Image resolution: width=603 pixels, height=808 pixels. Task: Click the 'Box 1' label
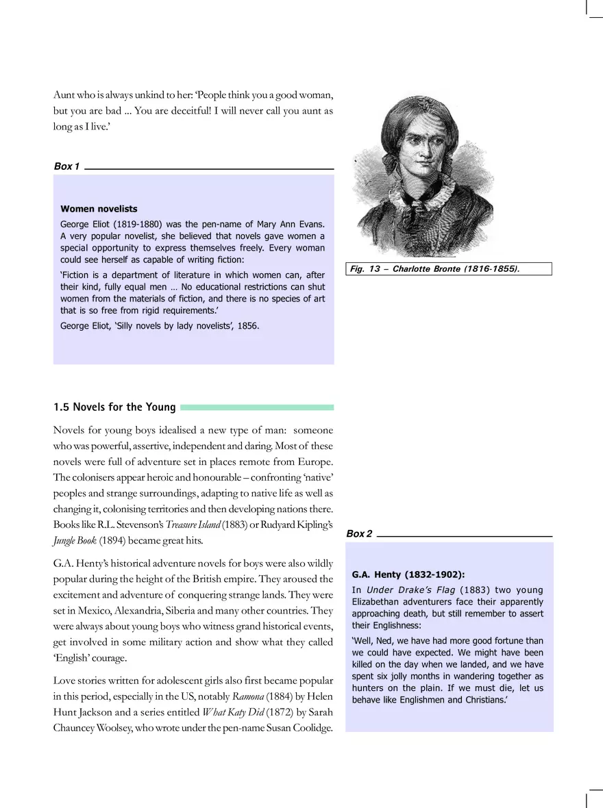pos(66,166)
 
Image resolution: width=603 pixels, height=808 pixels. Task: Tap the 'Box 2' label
pos(359,533)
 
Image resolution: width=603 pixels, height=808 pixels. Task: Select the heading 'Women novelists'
pos(99,209)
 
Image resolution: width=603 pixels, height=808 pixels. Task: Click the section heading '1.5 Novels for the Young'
pos(114,407)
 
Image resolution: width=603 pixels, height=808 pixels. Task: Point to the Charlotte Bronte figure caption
pos(434,269)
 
